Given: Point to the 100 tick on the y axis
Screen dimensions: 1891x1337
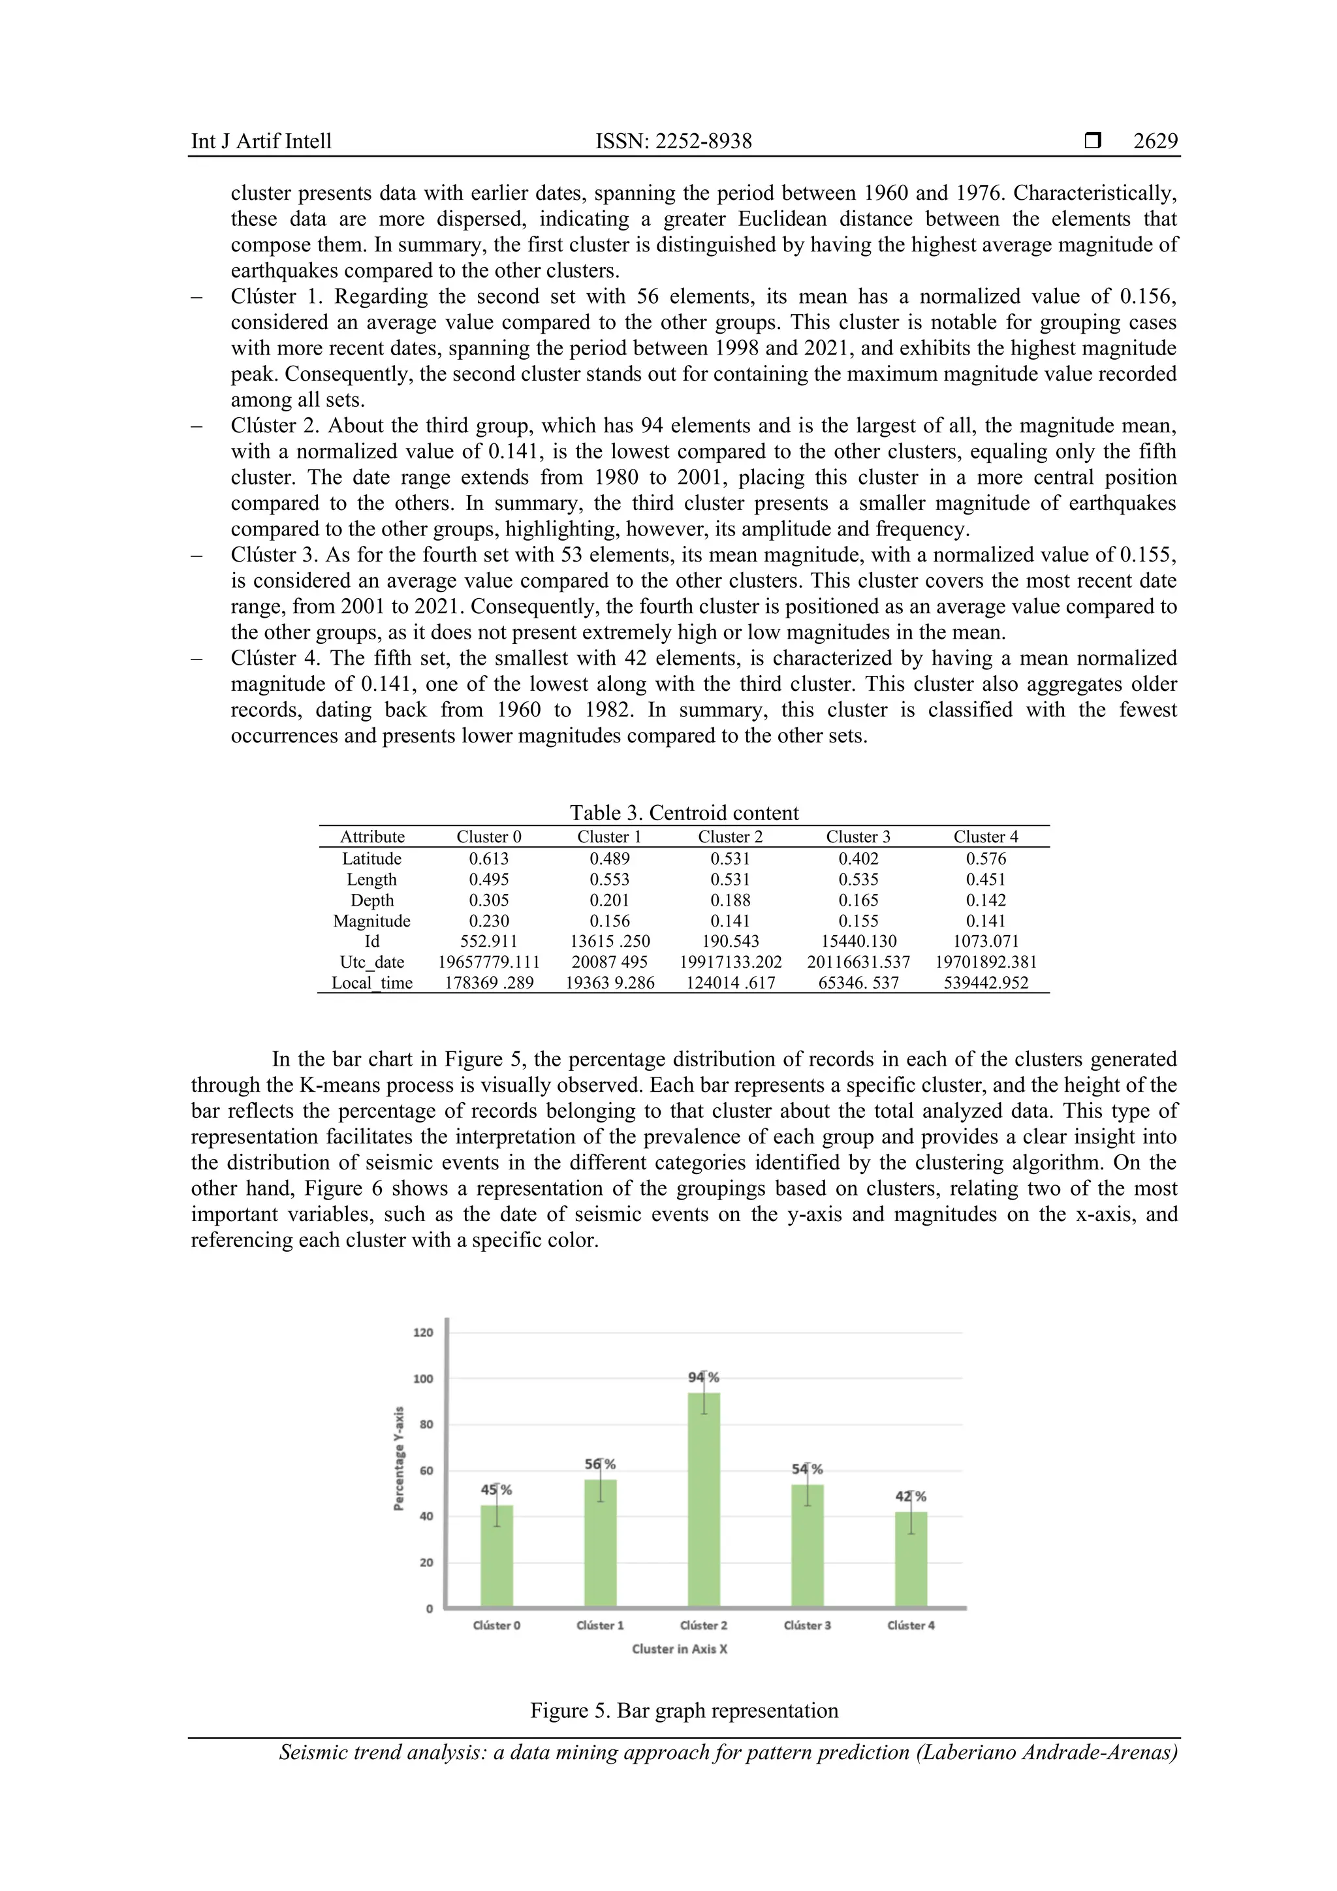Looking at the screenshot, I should click(423, 1378).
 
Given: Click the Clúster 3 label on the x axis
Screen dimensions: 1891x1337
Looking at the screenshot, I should click(807, 1625).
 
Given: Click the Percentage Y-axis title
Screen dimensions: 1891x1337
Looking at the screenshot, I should click(398, 1459).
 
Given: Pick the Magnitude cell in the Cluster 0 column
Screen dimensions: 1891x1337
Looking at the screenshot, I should click(489, 921).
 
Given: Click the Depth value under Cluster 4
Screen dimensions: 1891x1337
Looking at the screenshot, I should click(986, 900).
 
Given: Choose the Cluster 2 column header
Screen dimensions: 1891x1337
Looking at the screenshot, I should click(731, 837).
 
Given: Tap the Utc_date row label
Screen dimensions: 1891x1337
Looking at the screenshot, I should click(372, 962).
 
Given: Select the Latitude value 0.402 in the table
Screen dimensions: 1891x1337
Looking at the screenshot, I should click(858, 858).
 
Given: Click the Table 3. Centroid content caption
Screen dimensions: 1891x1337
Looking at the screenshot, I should click(684, 813).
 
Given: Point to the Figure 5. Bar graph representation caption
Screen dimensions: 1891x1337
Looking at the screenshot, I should click(684, 1711).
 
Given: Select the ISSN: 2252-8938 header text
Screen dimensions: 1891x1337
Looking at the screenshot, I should click(674, 142).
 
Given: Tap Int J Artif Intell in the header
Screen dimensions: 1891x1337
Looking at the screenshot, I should click(261, 142).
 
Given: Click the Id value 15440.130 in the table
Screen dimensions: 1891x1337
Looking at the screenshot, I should click(858, 942).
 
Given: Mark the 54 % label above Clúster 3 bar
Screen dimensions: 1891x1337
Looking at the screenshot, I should click(807, 1469).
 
